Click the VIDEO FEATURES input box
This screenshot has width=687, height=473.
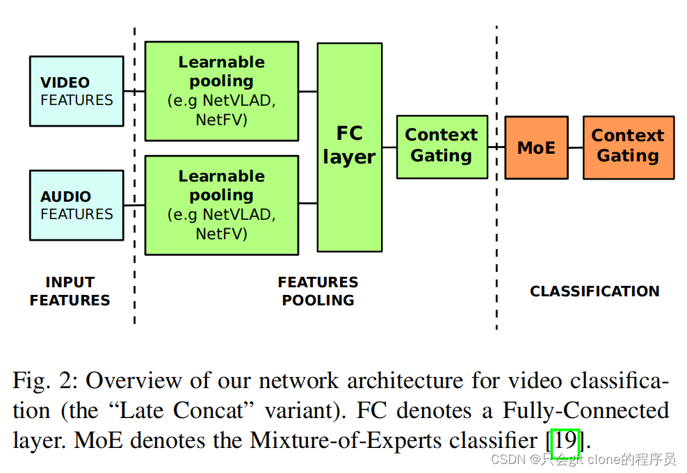76,91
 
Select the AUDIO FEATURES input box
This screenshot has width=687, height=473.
76,205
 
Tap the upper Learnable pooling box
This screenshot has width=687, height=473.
221,91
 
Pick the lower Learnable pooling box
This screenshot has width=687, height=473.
221,205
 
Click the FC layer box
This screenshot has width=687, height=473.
349,147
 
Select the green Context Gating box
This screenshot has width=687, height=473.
442,147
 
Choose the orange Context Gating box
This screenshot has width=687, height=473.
628,147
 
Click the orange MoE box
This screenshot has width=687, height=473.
536,147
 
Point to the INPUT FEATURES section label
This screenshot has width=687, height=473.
70,291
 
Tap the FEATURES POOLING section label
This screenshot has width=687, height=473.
318,291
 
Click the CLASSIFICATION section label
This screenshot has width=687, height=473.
595,291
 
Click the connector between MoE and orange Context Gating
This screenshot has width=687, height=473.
575,147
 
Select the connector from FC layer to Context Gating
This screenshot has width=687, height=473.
389,147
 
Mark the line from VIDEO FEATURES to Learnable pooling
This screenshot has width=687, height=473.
134,91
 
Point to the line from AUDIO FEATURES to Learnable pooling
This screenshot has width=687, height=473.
134,205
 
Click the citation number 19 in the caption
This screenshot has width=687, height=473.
565,440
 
